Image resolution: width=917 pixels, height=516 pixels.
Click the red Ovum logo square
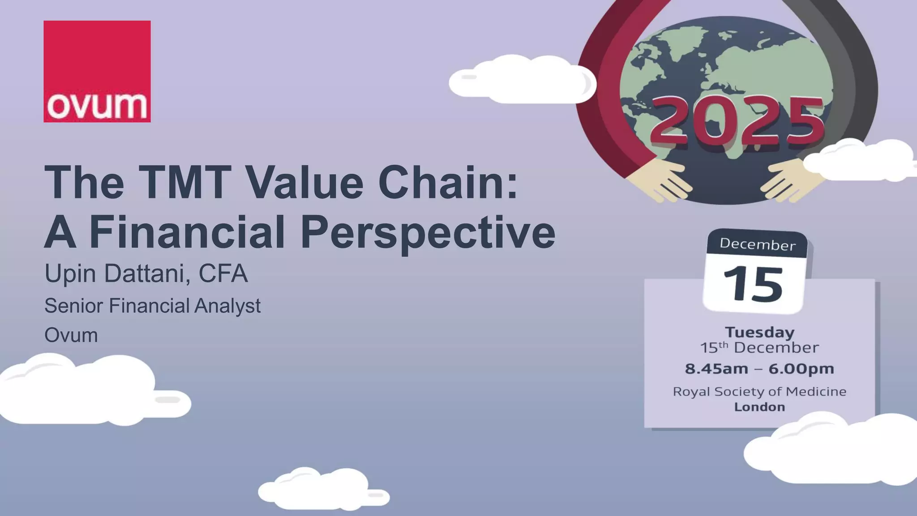pyautogui.click(x=97, y=71)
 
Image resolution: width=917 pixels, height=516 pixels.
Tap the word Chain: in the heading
pyautogui.click(x=448, y=183)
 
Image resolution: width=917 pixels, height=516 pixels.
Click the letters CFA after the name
pyautogui.click(x=223, y=274)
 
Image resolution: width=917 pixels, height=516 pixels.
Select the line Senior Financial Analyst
pyautogui.click(x=152, y=306)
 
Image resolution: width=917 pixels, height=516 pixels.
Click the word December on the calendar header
pyautogui.click(x=757, y=244)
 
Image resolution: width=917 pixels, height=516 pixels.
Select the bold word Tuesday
pyautogui.click(x=759, y=332)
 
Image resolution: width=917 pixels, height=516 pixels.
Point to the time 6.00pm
pyautogui.click(x=801, y=369)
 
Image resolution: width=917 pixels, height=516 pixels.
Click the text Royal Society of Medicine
pyautogui.click(x=759, y=391)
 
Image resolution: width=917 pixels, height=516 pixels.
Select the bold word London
pyautogui.click(x=759, y=407)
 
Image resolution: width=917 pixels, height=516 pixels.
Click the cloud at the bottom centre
pyautogui.click(x=322, y=490)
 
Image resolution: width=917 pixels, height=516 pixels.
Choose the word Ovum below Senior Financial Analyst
pyautogui.click(x=71, y=335)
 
